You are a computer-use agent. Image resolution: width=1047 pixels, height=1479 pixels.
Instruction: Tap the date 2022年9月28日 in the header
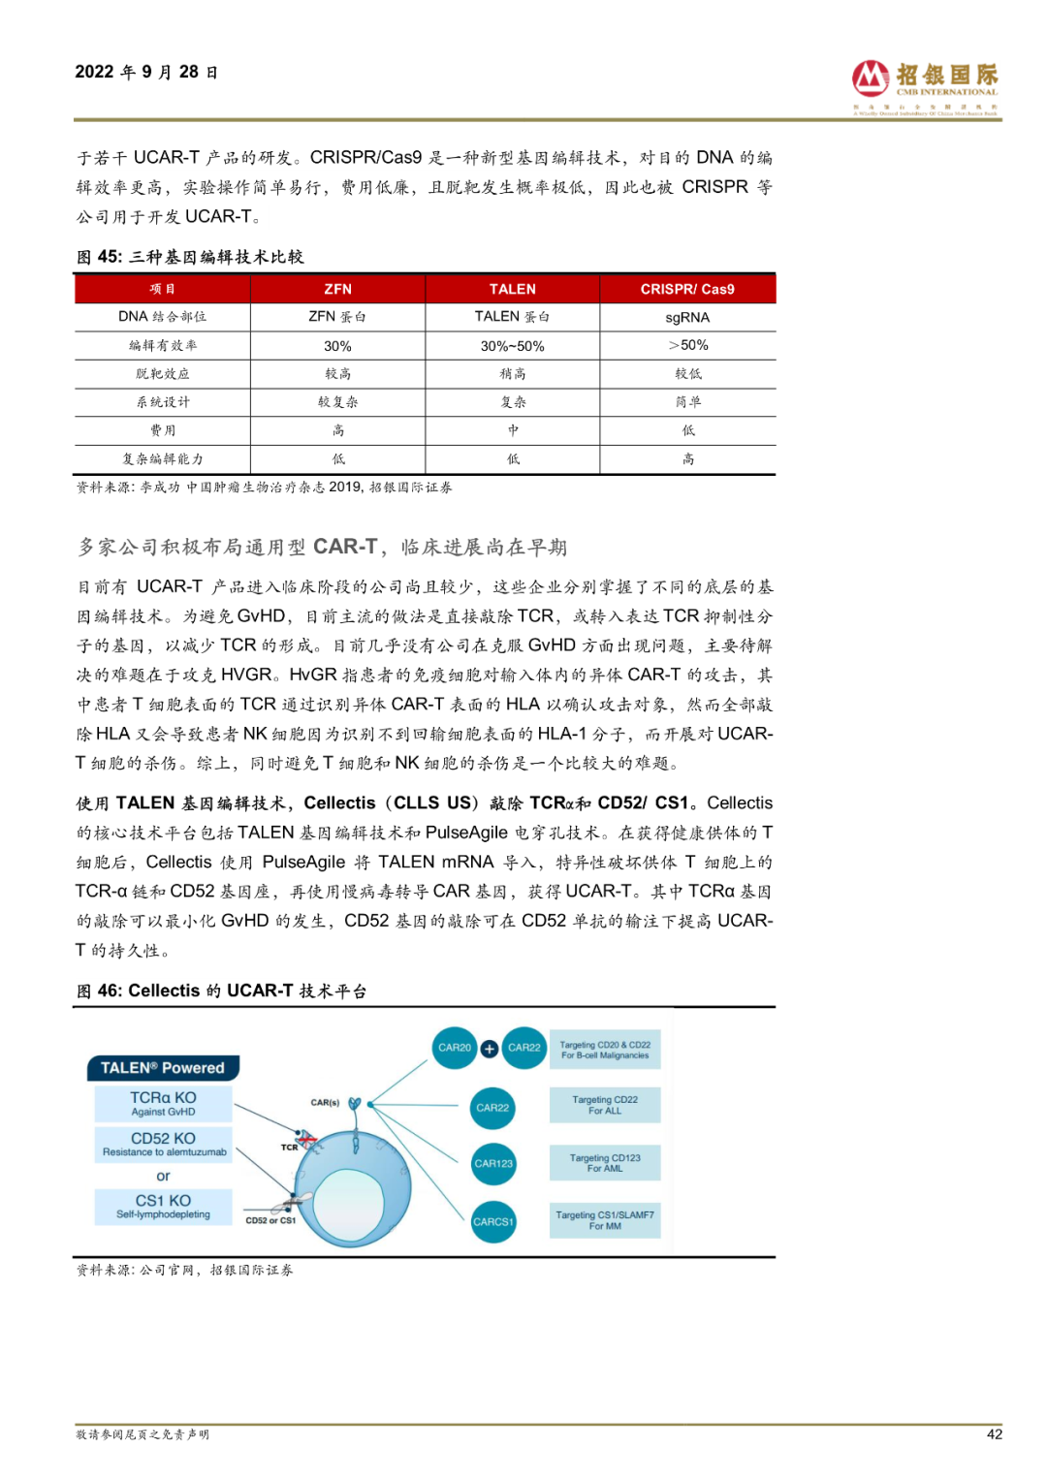[146, 73]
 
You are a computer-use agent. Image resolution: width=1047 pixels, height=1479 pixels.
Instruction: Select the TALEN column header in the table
[512, 289]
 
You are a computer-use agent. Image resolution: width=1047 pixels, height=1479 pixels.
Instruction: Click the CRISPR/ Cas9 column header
[687, 289]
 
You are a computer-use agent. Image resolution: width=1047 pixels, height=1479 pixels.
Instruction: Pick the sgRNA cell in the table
[687, 317]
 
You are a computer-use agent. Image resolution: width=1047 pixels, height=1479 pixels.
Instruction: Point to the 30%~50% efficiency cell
[512, 346]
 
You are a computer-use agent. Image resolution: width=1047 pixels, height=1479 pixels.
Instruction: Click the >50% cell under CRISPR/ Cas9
[687, 345]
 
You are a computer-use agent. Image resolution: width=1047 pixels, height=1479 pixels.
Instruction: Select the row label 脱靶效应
[163, 374]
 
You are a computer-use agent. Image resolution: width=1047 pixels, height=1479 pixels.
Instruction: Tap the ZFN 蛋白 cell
[337, 317]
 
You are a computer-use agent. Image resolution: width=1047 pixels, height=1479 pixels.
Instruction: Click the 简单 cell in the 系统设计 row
[687, 402]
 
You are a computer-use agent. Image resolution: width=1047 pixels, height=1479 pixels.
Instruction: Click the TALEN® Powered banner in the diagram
[163, 1068]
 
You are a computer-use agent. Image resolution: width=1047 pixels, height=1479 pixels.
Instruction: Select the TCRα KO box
[163, 1103]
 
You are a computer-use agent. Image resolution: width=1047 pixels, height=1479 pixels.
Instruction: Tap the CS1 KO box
[163, 1206]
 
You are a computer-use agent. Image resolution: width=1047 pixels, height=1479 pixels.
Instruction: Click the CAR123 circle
[493, 1164]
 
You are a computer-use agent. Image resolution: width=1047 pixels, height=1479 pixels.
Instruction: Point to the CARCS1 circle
[493, 1222]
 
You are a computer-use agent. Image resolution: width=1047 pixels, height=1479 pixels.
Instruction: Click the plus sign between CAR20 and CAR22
[490, 1048]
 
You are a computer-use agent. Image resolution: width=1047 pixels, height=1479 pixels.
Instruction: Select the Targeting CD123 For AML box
[605, 1163]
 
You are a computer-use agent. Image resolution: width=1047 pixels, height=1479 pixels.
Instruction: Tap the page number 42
[994, 1434]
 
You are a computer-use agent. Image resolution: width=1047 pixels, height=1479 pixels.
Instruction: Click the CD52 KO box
[163, 1144]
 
